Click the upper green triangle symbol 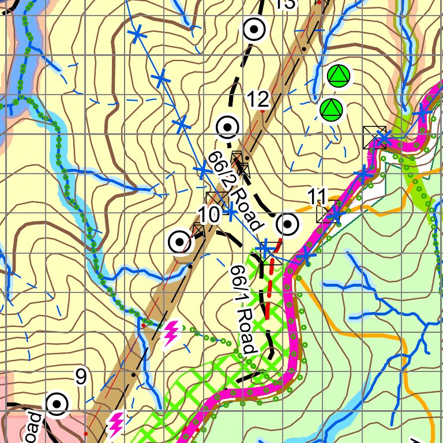click(339, 76)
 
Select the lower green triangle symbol click(331, 110)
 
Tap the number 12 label click(259, 100)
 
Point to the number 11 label click(317, 196)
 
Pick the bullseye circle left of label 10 click(179, 241)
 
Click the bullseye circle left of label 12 click(227, 126)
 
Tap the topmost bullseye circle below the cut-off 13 click(254, 29)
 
